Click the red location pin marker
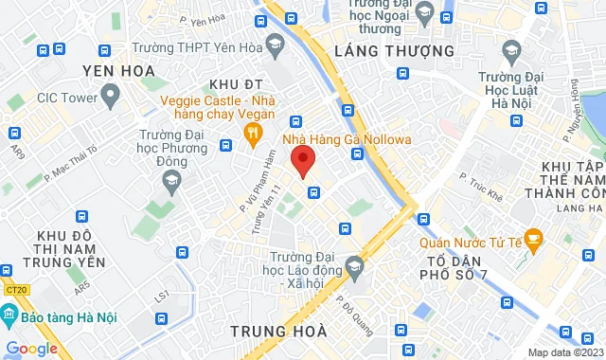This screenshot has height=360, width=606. tap(302, 159)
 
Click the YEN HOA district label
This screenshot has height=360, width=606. tap(118, 70)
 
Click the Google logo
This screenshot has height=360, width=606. tap(31, 348)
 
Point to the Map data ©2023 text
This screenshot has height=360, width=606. tap(564, 352)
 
